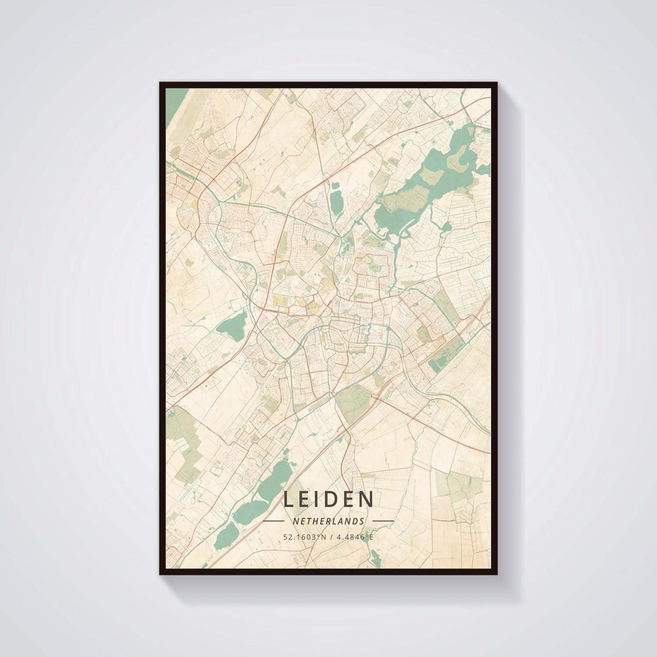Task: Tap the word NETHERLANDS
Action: click(328, 521)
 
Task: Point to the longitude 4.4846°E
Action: click(353, 536)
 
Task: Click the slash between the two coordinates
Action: click(330, 536)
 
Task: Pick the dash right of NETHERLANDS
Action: click(383, 521)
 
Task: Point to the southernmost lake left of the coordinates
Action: click(226, 536)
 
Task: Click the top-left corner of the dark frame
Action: click(161, 83)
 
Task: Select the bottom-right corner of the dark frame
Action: click(496, 573)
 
